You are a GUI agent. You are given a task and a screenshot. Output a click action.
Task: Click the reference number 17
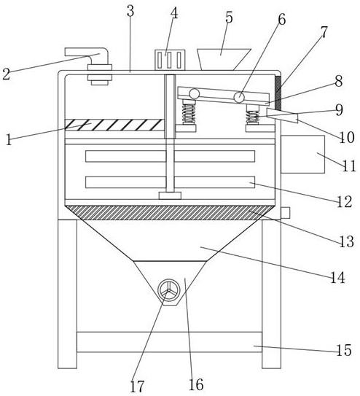137,386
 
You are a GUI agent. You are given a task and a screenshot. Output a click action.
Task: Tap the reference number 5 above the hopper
229,18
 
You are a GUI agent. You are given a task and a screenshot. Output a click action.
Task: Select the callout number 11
349,166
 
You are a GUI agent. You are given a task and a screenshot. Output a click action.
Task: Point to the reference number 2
7,74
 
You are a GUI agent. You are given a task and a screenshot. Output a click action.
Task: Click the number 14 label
338,278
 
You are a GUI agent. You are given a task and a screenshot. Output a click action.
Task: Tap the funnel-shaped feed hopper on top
222,59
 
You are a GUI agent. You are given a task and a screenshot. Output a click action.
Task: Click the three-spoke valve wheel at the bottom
169,290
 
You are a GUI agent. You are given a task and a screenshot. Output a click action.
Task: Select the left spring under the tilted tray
189,112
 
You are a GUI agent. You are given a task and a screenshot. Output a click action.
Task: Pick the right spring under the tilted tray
253,114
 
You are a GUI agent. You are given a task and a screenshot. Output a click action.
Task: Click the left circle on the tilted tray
195,94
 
